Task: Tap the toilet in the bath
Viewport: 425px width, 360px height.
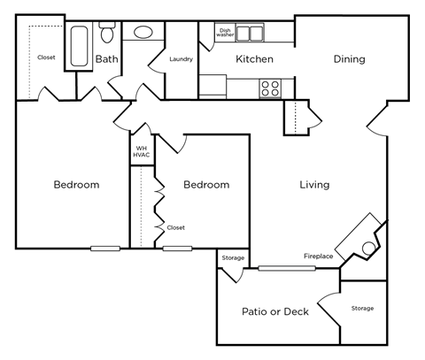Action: pos(107,34)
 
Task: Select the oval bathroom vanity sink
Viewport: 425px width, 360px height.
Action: pos(143,34)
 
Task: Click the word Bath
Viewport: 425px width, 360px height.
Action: pos(106,60)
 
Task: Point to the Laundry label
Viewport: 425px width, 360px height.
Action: pos(182,60)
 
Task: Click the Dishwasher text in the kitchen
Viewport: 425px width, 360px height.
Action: pos(225,33)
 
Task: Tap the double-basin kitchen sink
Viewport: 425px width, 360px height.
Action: pos(250,34)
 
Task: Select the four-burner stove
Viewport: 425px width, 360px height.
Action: pos(270,88)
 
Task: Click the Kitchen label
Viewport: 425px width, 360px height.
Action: pos(254,60)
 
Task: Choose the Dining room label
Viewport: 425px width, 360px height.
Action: pos(350,60)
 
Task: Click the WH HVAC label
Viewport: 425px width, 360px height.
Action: pos(142,151)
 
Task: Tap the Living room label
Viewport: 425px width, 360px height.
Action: pos(314,185)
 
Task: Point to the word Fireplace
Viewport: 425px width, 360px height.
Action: pos(319,257)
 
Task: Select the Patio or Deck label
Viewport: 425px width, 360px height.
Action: pos(275,311)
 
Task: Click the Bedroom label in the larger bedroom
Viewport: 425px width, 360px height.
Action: pos(76,185)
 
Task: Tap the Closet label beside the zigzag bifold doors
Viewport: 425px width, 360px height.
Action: pos(175,227)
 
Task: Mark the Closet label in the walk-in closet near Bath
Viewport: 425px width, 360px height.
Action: pos(47,57)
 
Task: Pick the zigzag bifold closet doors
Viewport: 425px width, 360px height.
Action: pos(159,208)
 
